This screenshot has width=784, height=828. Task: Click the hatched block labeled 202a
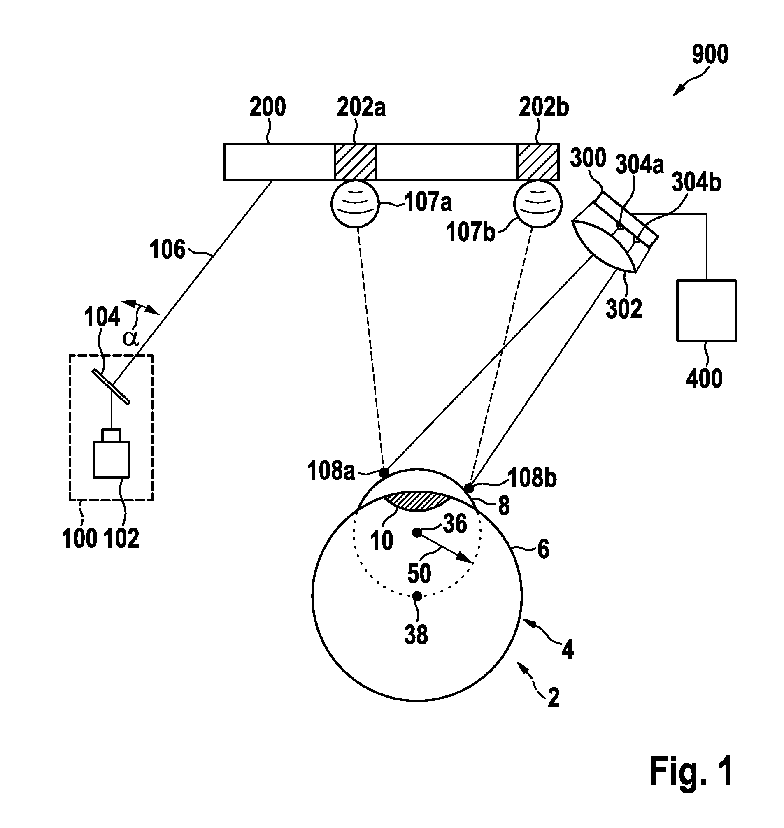(355, 162)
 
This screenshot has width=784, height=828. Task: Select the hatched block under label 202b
(538, 162)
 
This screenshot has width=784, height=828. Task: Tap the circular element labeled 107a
(355, 204)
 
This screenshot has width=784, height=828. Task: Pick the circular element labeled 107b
(538, 204)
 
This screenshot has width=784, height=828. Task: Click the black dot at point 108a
(384, 473)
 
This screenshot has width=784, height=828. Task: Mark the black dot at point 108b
(469, 488)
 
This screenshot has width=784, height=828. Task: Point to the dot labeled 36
(416, 533)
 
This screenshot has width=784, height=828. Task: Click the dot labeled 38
(416, 596)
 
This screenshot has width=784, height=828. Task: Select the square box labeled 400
(706, 311)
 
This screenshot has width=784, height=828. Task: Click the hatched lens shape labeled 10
(418, 502)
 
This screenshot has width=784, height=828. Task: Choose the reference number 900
(710, 54)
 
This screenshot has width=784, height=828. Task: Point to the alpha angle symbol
(130, 338)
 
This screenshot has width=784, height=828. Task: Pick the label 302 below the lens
(624, 309)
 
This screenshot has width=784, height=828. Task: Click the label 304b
(696, 183)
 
